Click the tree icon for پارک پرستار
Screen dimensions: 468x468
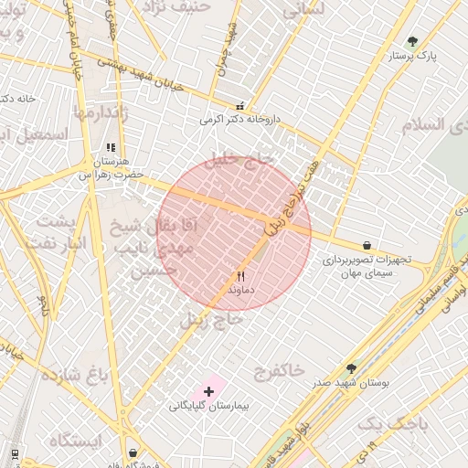412,41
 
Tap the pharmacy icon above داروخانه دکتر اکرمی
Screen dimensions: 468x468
240,105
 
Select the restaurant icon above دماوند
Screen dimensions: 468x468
240,275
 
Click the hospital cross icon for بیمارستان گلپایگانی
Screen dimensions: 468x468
208,391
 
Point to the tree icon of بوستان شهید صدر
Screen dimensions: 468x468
351,368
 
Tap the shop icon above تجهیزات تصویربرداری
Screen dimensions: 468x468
367,245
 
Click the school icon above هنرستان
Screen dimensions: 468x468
111,146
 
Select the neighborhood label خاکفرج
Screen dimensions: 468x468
280,370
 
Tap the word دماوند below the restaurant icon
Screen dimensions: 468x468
240,289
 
